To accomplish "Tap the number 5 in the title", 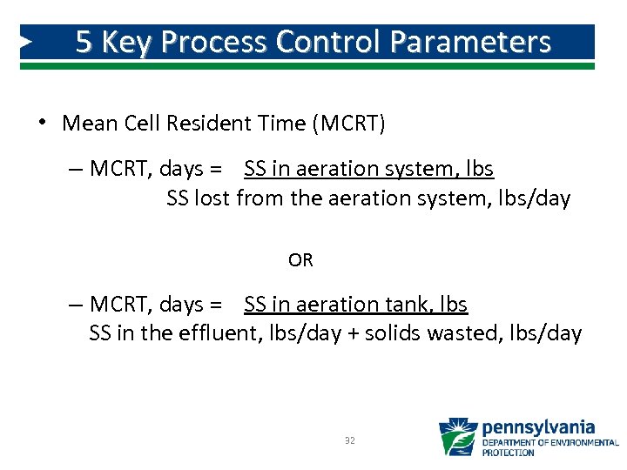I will [84, 42].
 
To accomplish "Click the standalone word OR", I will [300, 260].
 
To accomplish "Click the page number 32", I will [349, 441].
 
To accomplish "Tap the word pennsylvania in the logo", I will [538, 427].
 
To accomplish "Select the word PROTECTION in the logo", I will [509, 453].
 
